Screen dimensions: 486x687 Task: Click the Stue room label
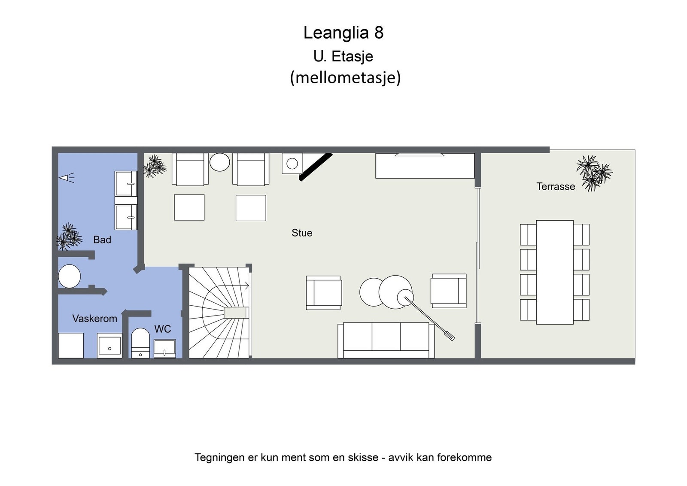(x=302, y=233)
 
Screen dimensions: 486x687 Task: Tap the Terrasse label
(x=555, y=186)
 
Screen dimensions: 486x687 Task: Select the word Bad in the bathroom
(x=102, y=240)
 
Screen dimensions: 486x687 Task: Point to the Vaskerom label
(x=94, y=319)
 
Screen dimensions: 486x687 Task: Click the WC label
(x=162, y=329)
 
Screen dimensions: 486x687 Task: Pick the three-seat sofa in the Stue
(x=386, y=340)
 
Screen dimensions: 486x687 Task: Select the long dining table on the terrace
(x=555, y=272)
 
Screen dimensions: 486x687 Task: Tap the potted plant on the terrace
(x=594, y=173)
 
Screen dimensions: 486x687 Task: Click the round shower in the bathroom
(x=69, y=276)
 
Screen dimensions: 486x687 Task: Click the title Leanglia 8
(x=343, y=33)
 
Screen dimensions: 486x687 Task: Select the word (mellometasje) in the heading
(x=345, y=78)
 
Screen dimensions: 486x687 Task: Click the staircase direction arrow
(x=246, y=286)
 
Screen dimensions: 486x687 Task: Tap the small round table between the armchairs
(x=219, y=163)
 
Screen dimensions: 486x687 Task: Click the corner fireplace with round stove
(x=292, y=164)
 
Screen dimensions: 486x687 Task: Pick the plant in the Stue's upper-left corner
(x=154, y=166)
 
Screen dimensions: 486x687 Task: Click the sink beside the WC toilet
(x=164, y=348)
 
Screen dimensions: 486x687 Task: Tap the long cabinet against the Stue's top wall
(x=425, y=166)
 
